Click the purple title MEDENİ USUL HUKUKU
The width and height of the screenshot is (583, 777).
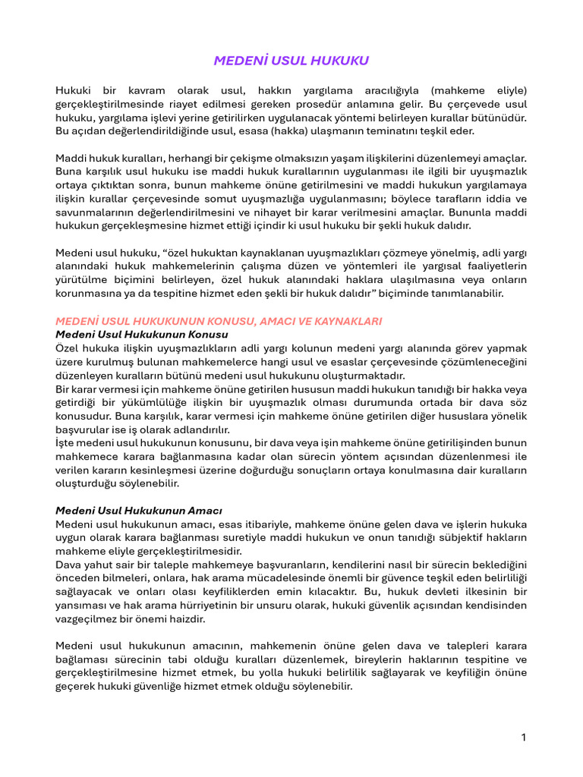click(x=291, y=61)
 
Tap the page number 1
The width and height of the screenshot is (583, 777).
click(x=524, y=737)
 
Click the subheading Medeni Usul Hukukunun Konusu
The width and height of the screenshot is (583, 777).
click(x=142, y=334)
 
